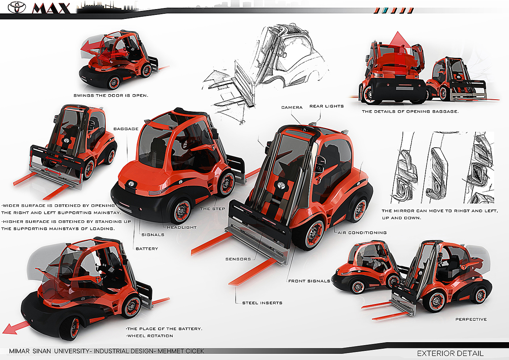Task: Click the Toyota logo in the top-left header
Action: click(x=17, y=7)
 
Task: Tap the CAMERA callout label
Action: click(x=292, y=108)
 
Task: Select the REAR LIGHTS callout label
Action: click(x=326, y=107)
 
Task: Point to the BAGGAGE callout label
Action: click(x=126, y=129)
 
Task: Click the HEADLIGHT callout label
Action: click(x=182, y=228)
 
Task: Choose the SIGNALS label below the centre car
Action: click(x=153, y=235)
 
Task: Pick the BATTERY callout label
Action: click(x=147, y=249)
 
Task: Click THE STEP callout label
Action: click(x=213, y=209)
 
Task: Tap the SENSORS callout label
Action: click(x=238, y=259)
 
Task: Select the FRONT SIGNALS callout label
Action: click(x=309, y=281)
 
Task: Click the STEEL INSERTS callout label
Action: click(x=262, y=303)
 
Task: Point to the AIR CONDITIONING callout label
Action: click(x=362, y=233)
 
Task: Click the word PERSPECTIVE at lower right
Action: click(x=471, y=320)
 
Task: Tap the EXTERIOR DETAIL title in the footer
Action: click(x=450, y=353)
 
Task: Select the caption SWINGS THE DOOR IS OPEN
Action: click(x=111, y=96)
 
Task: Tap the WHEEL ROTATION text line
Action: click(x=150, y=336)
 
